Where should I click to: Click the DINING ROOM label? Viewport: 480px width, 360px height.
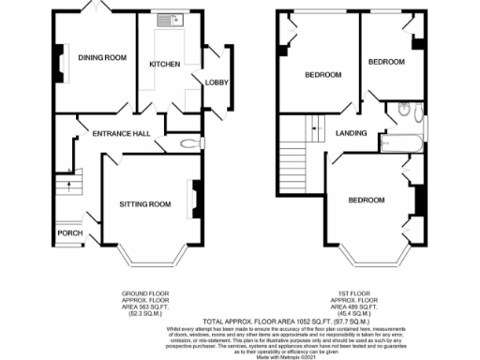101,58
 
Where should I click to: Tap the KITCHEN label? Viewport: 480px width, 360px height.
165,64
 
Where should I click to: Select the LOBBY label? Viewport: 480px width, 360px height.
217,83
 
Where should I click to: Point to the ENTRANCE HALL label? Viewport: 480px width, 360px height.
121,134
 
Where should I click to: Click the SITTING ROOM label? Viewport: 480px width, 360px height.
144,203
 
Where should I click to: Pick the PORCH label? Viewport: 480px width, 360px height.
67,233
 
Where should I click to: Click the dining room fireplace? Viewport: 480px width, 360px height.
59,64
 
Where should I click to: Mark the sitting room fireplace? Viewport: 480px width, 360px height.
198,197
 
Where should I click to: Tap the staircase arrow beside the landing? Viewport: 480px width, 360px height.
314,122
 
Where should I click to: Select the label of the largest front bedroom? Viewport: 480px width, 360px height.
367,201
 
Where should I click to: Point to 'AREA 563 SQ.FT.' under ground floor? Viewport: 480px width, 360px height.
147,306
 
